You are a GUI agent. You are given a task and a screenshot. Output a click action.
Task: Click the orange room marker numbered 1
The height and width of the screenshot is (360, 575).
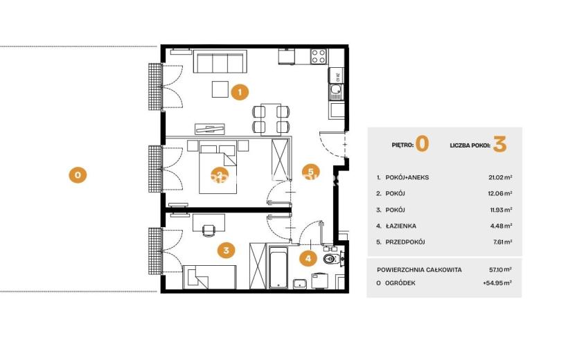(x=240, y=91)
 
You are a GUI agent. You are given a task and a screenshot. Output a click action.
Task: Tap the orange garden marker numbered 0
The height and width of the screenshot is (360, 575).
(x=78, y=175)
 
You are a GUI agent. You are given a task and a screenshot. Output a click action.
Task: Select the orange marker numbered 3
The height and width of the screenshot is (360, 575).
(x=226, y=251)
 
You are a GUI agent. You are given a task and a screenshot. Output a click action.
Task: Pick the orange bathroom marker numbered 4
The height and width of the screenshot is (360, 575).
(x=308, y=258)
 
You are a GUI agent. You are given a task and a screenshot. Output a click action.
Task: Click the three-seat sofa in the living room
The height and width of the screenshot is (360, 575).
(x=220, y=62)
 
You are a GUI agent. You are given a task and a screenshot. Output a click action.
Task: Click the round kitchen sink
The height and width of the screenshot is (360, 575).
(x=335, y=89)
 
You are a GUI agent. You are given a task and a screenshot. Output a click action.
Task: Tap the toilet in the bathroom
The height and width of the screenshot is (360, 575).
(x=333, y=260)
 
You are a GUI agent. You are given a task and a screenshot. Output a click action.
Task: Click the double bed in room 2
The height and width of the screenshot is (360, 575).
(x=218, y=170)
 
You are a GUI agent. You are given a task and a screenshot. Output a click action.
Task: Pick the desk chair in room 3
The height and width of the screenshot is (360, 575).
(x=209, y=231)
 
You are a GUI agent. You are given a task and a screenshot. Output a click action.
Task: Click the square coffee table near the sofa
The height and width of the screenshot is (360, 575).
(x=220, y=89)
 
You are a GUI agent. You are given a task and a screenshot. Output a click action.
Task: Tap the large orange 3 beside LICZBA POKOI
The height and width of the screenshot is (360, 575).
(x=499, y=144)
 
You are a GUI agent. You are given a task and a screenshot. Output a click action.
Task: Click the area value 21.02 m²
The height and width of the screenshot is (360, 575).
(x=500, y=177)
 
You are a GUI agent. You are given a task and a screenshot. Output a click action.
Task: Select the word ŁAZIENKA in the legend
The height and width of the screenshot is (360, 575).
(x=401, y=226)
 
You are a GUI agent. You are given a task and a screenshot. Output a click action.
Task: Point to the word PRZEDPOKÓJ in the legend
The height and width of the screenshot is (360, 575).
(x=405, y=242)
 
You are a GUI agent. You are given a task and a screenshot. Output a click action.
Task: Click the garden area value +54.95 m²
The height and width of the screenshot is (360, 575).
(x=497, y=283)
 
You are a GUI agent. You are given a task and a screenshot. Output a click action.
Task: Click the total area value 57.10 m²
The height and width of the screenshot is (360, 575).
(x=500, y=269)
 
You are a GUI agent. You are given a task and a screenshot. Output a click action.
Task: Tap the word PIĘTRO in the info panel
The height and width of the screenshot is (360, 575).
(x=402, y=145)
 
